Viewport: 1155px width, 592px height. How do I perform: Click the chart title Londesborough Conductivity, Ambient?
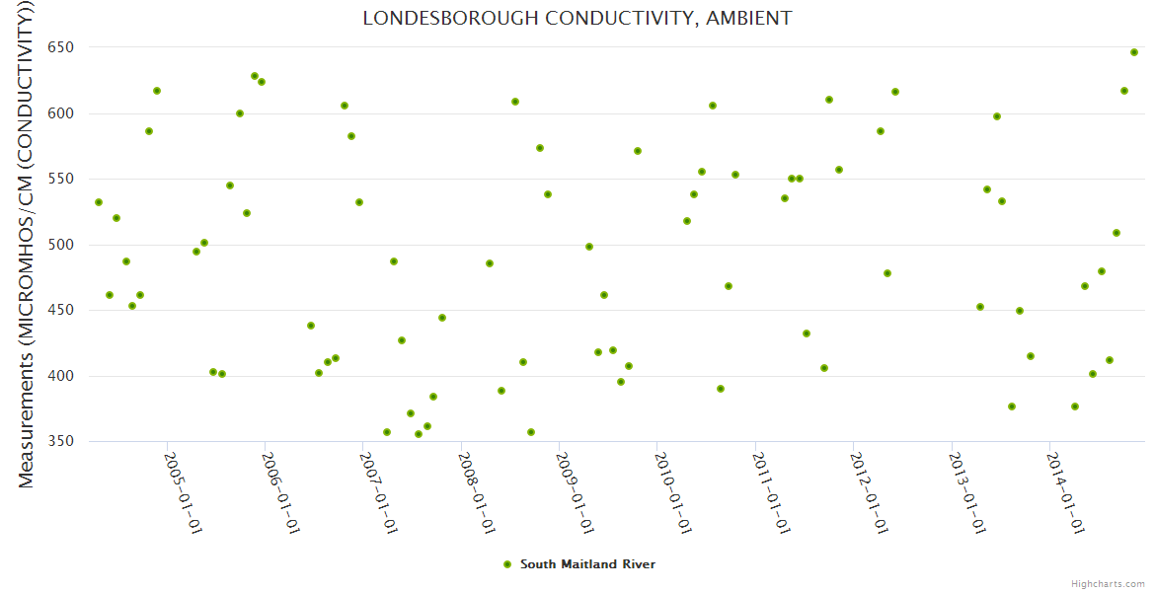577,18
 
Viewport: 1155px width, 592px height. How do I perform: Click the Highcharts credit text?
1109,583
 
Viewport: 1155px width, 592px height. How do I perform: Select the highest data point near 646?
1134,52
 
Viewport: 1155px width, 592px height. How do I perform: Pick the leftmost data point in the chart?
99,202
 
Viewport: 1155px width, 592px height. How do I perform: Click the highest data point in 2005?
255,76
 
